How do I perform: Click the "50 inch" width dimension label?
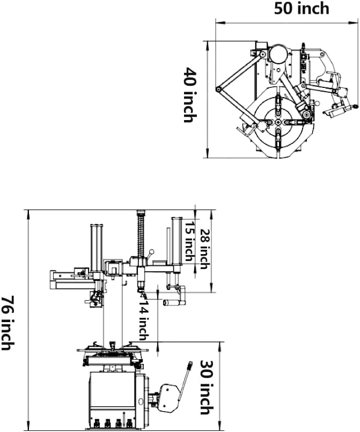point(302,9)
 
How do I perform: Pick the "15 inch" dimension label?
point(189,243)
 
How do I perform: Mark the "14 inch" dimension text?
point(143,320)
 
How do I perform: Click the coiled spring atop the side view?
point(142,233)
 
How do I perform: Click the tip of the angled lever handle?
point(190,366)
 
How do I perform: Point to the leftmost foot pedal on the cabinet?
point(95,421)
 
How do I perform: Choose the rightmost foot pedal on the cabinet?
point(129,421)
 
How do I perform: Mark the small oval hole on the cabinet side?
point(140,401)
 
